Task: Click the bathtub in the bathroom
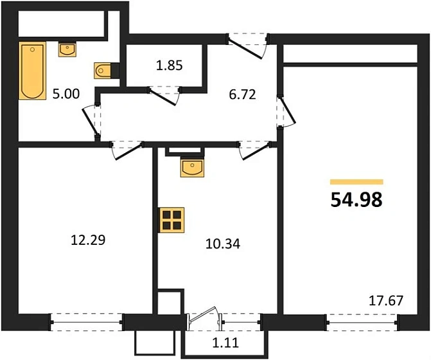coord(31,71)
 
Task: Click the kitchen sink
coord(192,167)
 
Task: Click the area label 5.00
coord(66,94)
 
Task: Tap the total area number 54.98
coord(356,200)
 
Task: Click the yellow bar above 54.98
coord(356,182)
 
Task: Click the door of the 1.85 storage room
coord(165,93)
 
